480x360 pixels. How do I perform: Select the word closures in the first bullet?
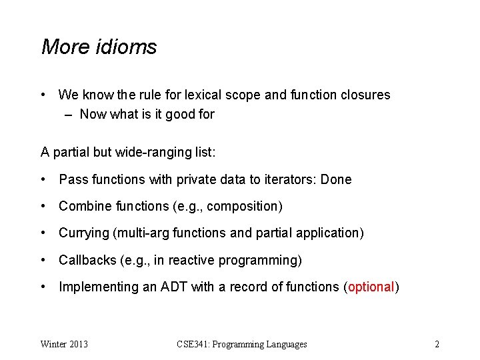[364, 95]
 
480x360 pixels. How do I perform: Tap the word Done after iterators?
[336, 179]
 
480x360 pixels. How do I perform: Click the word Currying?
[84, 233]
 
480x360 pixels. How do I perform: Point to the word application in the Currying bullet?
[328, 233]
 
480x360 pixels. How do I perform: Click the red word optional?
[371, 287]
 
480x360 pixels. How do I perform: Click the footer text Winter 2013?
[64, 344]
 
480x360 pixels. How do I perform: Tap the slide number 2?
[437, 344]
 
